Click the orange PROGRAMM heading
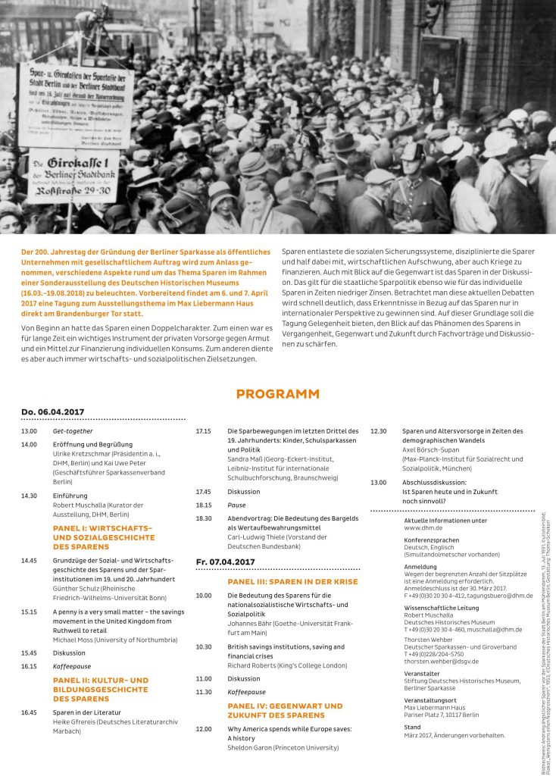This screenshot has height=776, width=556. pos(277,394)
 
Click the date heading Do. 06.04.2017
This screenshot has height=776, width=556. pos(52,411)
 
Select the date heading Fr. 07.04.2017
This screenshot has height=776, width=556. pos(226,562)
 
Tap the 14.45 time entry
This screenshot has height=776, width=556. pos(30,560)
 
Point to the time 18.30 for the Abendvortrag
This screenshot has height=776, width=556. pos(204,518)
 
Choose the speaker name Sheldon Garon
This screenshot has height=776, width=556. pos(249,747)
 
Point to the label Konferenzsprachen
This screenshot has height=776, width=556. pos(432,540)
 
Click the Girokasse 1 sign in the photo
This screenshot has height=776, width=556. pos(73,175)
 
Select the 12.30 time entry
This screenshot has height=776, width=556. pos(378,431)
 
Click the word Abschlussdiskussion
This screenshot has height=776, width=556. pos(434,483)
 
